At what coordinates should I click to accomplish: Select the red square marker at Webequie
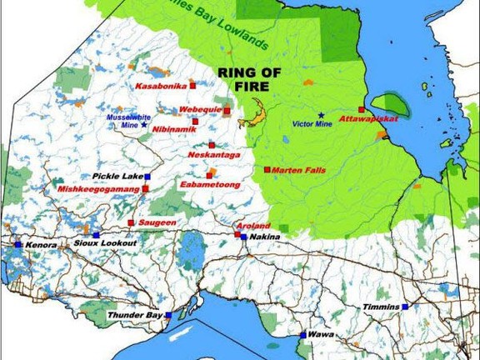227,110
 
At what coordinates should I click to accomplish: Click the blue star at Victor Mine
321,115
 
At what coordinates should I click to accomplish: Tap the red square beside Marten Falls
267,169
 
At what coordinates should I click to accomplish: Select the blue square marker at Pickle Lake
147,177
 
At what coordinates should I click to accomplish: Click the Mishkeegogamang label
98,189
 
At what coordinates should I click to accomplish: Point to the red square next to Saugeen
131,222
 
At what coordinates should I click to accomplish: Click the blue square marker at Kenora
17,244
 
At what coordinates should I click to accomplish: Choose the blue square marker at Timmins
406,307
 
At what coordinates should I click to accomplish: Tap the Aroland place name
252,226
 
